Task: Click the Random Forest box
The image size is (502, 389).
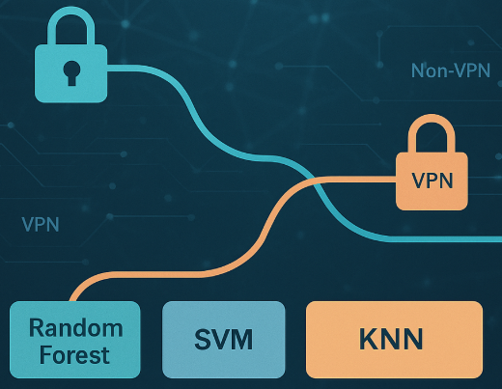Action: tap(75, 340)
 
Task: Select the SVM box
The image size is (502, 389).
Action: tap(224, 340)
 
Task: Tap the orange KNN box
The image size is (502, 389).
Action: tap(394, 340)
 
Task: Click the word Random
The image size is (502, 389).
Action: tap(76, 328)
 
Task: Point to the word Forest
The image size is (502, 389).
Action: tap(74, 355)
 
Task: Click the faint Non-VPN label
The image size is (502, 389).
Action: tap(451, 70)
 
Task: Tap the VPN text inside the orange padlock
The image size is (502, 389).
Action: tap(432, 181)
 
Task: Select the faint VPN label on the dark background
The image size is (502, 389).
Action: tap(41, 224)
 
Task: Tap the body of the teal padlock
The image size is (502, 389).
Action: tap(70, 73)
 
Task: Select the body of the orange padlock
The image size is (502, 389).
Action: tap(432, 181)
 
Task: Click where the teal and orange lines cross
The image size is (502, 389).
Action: tap(315, 181)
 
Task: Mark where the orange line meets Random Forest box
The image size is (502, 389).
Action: tap(73, 301)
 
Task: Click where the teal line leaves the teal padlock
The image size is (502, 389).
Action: tap(107, 69)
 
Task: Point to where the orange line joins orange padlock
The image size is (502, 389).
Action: tap(396, 180)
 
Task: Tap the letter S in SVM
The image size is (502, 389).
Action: tap(203, 340)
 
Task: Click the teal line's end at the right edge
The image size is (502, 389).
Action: tap(501, 239)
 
